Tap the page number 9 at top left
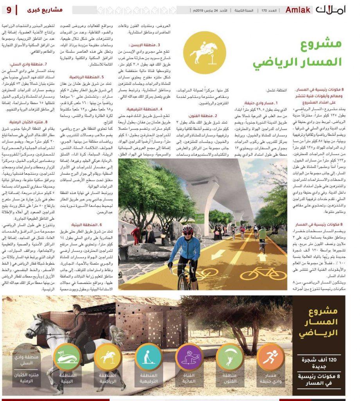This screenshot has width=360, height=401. point(9,9)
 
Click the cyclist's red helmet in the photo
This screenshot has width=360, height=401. point(188,229)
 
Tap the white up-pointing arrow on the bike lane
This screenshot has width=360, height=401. point(262,256)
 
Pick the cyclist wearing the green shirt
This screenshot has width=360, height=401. point(262,235)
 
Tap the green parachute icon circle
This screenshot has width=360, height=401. point(230,357)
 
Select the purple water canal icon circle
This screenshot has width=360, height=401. point(189,357)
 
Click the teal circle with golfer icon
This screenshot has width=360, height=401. point(148,357)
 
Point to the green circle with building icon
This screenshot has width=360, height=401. point(67,357)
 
